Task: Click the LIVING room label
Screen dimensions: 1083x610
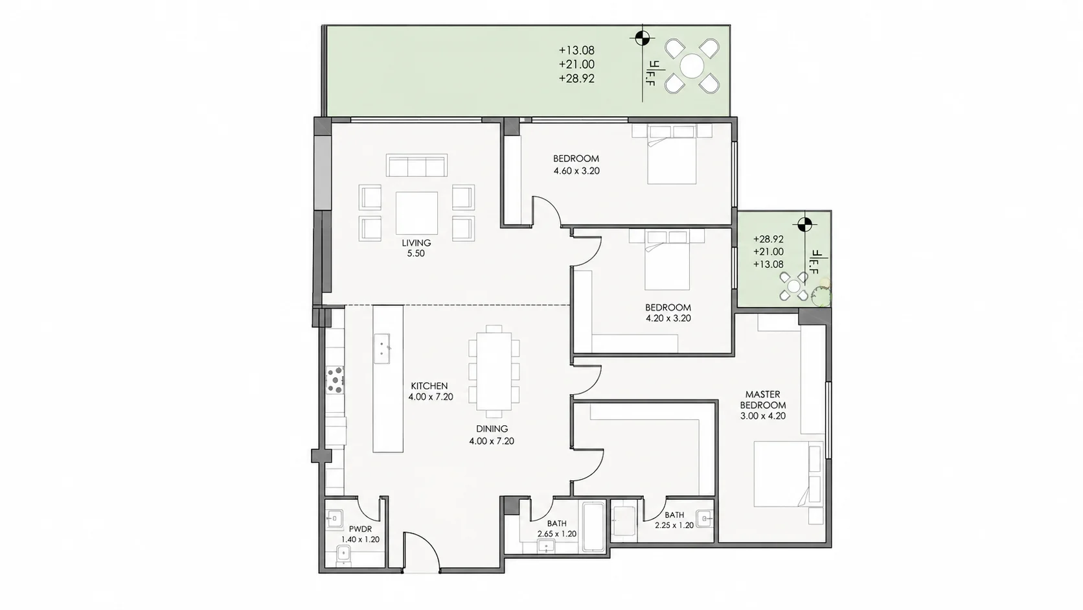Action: click(416, 243)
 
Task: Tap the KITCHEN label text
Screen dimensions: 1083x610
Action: click(429, 386)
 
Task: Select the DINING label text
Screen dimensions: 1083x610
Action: click(492, 428)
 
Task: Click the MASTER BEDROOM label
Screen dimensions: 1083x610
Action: click(763, 399)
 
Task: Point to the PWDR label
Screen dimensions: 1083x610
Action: click(360, 529)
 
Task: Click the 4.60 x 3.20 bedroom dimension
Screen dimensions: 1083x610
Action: click(576, 170)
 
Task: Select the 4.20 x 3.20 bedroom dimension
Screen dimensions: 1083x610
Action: click(668, 318)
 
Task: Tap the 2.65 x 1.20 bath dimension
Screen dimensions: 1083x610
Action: click(557, 534)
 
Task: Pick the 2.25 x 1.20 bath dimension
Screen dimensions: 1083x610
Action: click(674, 525)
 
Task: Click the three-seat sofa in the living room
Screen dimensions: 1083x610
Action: click(416, 165)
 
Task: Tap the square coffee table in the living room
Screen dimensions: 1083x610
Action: click(416, 213)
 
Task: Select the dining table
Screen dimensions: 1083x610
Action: click(494, 371)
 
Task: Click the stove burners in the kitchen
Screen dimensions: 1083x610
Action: click(335, 380)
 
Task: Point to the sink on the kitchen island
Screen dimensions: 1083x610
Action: click(382, 348)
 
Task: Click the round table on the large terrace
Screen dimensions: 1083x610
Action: click(692, 65)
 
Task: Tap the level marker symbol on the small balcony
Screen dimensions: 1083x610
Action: click(804, 224)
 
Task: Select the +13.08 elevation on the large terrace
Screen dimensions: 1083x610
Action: click(576, 51)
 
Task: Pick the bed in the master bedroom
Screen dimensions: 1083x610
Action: click(788, 474)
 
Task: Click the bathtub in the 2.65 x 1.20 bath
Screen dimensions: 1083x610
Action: click(593, 527)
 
